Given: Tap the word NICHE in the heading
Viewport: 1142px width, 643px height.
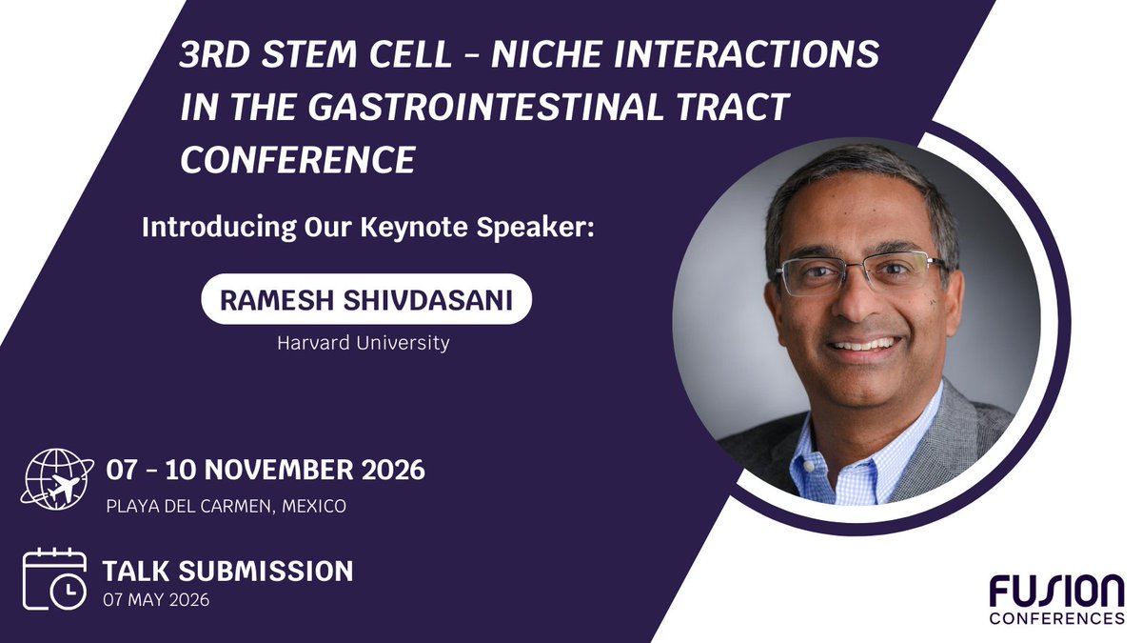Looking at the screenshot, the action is pos(546,54).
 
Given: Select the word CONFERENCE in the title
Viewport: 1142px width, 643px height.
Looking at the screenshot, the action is pos(298,160).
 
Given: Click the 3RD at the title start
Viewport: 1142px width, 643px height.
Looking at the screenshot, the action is pos(216,54).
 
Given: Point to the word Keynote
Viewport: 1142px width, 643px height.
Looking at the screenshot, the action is pos(413,228).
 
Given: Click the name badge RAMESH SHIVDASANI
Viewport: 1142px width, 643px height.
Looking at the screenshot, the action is pos(366,299).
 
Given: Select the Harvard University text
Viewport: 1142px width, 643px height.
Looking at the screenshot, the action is pos(363,342).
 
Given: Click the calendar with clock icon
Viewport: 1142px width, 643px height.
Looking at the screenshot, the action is pos(54,579).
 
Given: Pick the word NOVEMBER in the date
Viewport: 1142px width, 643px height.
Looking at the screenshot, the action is pos(280,470).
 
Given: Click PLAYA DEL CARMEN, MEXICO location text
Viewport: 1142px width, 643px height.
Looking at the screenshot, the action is pos(226,506).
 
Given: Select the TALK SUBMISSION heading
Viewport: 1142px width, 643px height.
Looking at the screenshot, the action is pos(227,571).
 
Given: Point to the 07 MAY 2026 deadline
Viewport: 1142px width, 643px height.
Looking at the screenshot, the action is pos(156,599).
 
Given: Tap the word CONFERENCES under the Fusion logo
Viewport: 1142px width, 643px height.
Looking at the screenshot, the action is pos(1057,618).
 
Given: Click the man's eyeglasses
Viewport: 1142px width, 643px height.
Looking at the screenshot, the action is pos(861,273).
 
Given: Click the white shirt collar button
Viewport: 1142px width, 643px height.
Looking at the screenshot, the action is pos(808,467).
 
